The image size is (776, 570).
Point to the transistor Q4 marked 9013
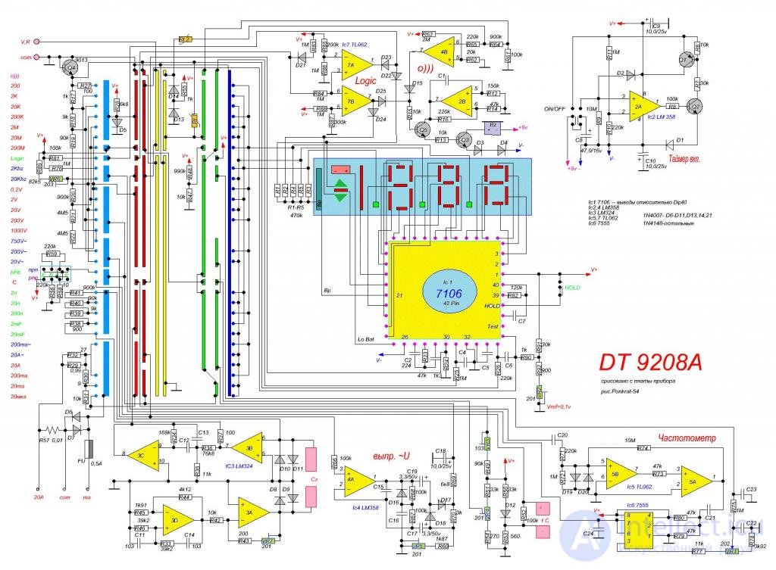71,67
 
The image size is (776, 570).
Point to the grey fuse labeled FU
89,450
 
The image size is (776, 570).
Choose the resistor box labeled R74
643,448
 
